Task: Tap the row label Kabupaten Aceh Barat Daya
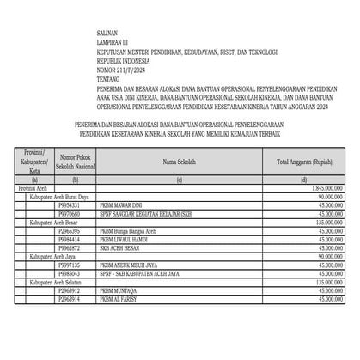point(64,197)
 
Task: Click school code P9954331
point(69,205)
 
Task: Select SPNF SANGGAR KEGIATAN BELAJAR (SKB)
point(143,214)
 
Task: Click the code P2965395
point(69,231)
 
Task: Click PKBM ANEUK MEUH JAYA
point(126,265)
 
